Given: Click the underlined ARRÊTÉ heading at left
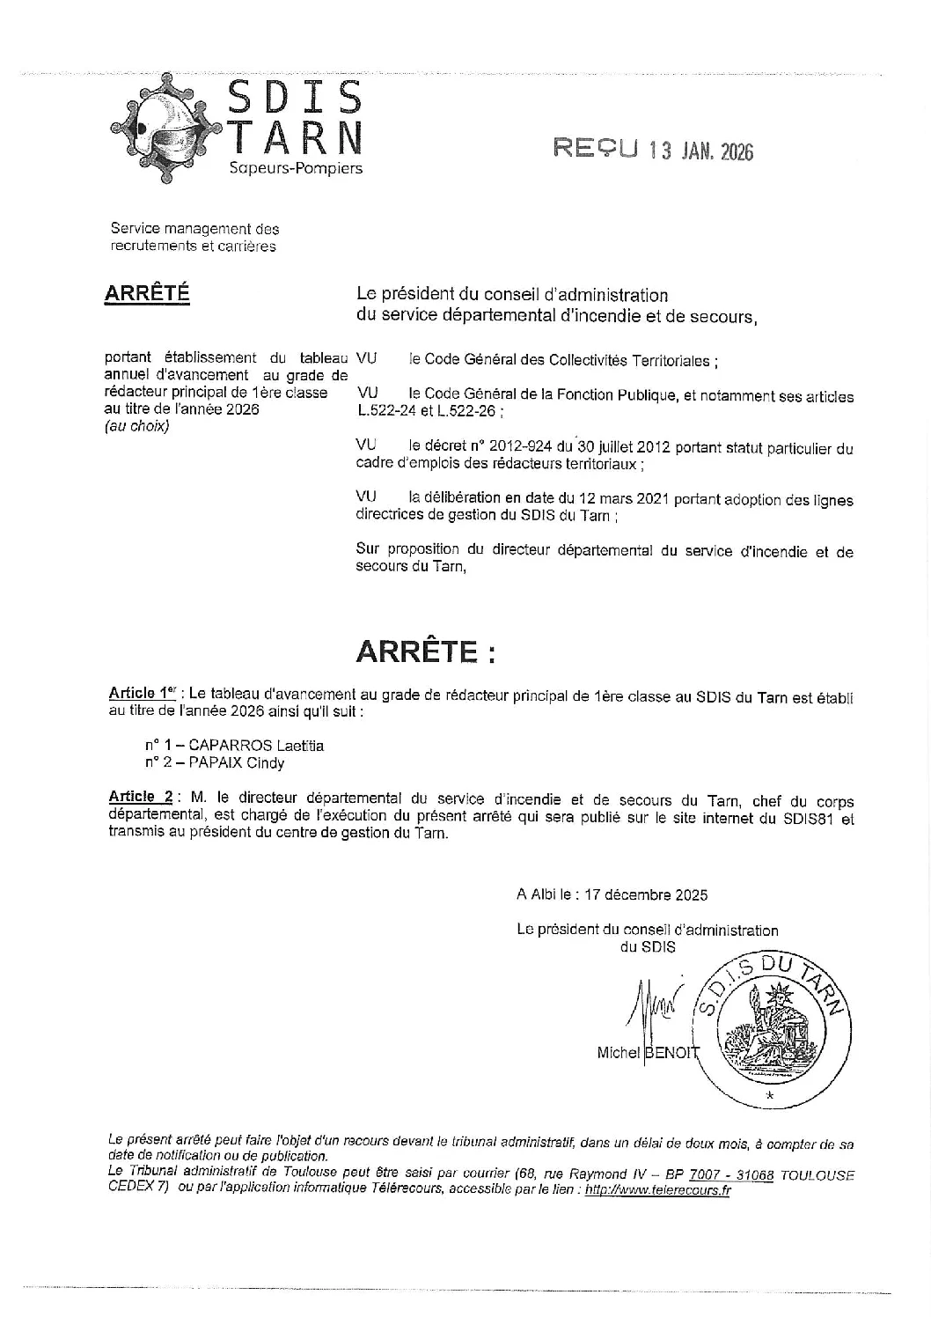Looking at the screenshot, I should [x=147, y=294].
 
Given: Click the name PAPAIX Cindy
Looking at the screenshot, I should [x=238, y=763].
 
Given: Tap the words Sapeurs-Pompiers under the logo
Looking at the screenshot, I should [x=295, y=168].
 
